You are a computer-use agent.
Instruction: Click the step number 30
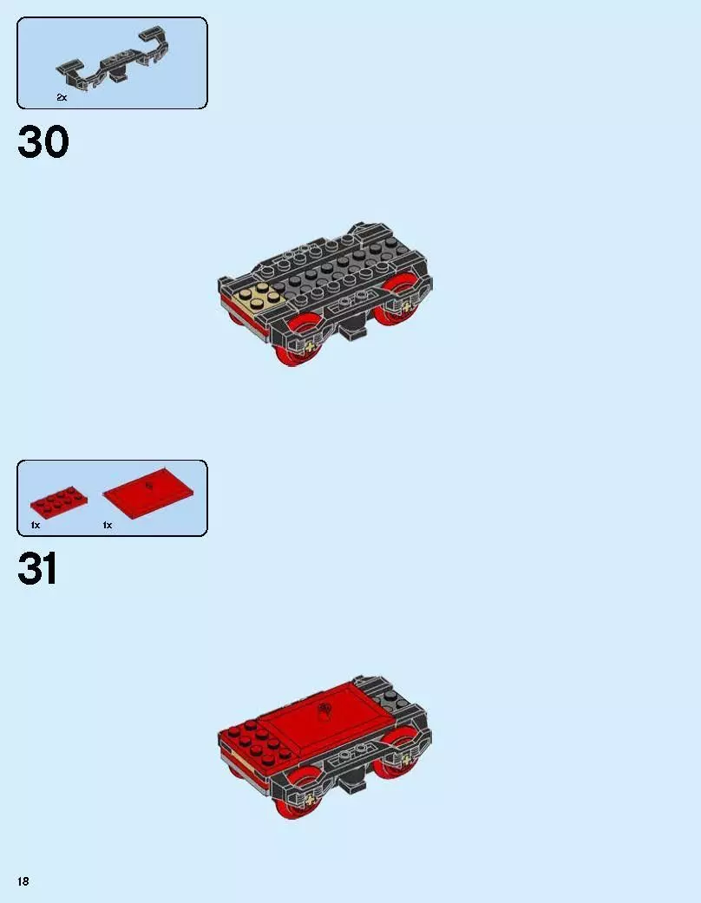tap(43, 142)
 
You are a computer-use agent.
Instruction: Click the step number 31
tap(38, 570)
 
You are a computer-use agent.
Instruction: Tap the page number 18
tap(23, 881)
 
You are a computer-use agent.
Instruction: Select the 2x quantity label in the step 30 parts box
tap(62, 98)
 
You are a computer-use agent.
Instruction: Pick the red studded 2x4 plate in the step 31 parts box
tap(57, 501)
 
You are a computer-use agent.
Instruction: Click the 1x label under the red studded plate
tap(36, 526)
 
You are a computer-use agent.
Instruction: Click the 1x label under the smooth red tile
tap(108, 526)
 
